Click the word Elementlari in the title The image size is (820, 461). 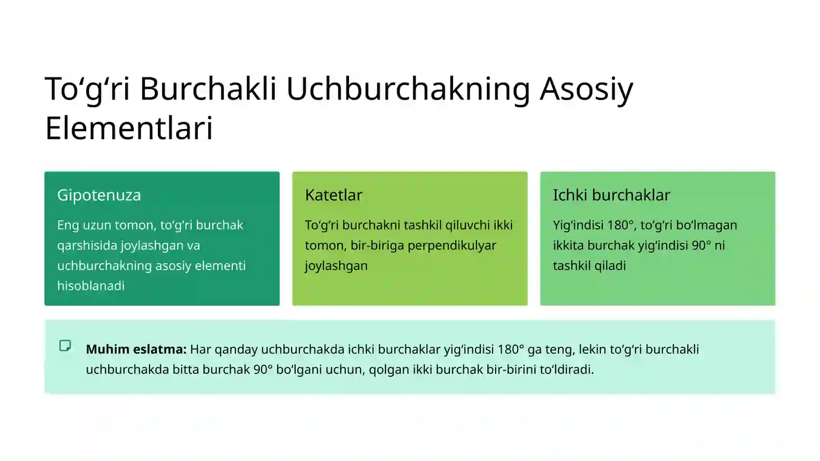[129, 128]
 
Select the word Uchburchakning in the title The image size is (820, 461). [407, 89]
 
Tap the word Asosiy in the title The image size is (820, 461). [587, 89]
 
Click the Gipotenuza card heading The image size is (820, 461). [99, 195]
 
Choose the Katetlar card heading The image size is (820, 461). [334, 195]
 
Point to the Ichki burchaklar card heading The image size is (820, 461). [611, 195]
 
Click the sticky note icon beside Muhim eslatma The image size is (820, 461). [65, 346]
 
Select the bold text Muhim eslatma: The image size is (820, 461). [136, 349]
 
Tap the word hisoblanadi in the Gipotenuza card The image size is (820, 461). [91, 286]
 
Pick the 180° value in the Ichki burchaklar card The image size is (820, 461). [621, 225]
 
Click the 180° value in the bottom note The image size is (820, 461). [510, 349]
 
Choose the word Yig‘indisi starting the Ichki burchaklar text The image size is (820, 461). [578, 225]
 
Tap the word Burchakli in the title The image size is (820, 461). [208, 89]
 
